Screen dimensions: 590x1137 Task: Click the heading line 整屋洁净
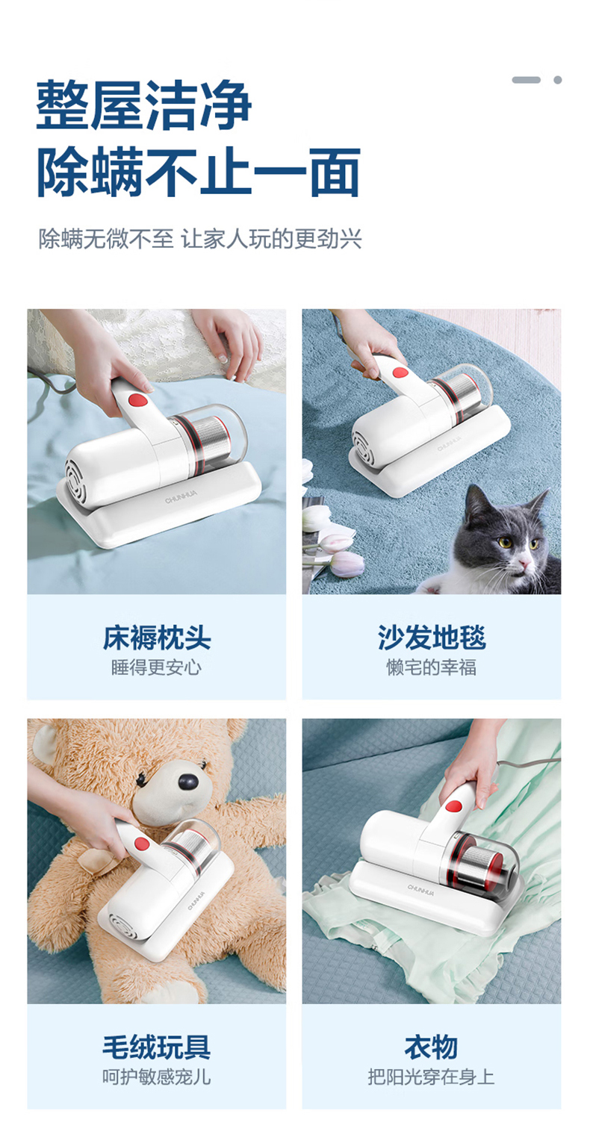[144, 105]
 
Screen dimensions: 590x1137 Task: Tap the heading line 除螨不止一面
[199, 172]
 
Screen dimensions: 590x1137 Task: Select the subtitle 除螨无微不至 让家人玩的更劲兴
[200, 239]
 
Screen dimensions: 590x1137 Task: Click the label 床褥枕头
[156, 638]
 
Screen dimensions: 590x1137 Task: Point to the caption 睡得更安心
[156, 667]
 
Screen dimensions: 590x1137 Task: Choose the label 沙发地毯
[432, 638]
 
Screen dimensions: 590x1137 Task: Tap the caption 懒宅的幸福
[432, 667]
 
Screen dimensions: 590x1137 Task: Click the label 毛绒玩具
[156, 1047]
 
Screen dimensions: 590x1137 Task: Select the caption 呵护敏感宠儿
[156, 1076]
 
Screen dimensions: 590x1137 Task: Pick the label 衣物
[432, 1047]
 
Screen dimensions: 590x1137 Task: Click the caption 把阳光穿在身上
[432, 1076]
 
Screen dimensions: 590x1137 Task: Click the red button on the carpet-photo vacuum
[400, 373]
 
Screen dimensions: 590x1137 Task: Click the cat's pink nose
[524, 563]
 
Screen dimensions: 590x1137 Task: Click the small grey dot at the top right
[557, 80]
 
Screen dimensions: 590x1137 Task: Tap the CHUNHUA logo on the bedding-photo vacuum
[181, 497]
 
